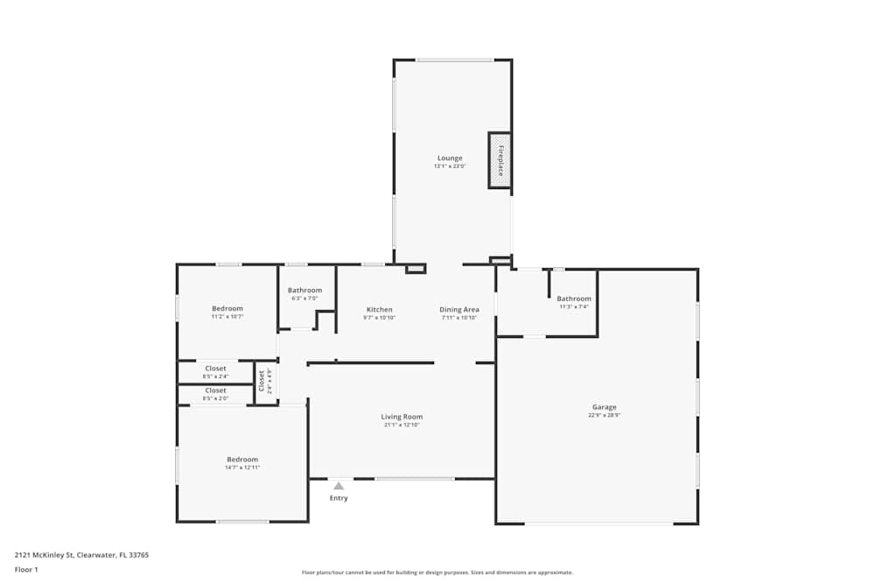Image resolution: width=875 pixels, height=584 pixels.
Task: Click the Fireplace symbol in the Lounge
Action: [500, 160]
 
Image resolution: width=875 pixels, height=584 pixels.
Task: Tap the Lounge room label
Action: [450, 158]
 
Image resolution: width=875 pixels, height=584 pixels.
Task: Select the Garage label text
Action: [604, 407]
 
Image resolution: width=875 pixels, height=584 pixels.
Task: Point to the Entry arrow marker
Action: [339, 485]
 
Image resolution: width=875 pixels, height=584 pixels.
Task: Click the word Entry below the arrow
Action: [339, 498]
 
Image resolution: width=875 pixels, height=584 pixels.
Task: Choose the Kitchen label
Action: [379, 310]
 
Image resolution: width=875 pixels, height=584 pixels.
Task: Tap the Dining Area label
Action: [458, 310]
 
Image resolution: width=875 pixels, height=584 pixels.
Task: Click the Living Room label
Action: [402, 417]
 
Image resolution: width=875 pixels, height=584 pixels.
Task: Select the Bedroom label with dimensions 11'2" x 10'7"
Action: [227, 308]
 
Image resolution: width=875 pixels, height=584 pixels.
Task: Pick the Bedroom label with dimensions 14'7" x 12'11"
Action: [242, 460]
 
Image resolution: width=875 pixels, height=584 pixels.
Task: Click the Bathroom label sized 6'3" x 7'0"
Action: [304, 291]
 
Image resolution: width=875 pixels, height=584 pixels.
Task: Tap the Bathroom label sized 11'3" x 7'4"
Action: [574, 299]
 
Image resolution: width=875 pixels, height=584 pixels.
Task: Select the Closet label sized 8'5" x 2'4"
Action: [215, 369]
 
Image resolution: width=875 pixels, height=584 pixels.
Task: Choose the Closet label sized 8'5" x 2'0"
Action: [215, 391]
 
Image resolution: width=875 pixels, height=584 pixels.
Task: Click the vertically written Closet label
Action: [261, 381]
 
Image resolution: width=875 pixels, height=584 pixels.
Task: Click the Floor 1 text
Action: [26, 569]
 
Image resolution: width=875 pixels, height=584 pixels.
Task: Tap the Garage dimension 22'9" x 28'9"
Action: [604, 416]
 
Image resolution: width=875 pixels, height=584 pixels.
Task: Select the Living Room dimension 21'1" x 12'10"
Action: [402, 426]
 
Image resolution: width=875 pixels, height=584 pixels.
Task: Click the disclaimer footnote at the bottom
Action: [437, 572]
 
